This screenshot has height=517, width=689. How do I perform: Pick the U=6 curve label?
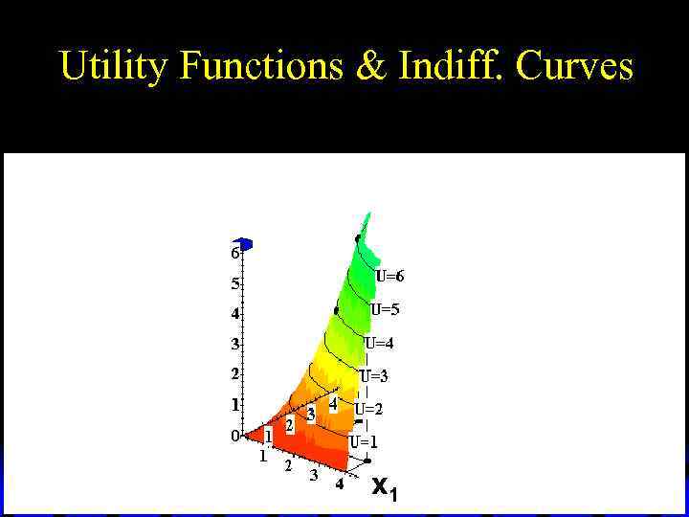[x=389, y=276]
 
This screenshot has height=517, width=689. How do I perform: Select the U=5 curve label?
[x=385, y=309]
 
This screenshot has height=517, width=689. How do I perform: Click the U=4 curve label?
[x=379, y=343]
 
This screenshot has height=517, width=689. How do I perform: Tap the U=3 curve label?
[x=374, y=375]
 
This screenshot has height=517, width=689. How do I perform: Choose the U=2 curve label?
[x=368, y=409]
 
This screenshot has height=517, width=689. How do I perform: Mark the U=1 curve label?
[x=364, y=442]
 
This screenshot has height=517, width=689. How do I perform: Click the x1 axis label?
[x=384, y=489]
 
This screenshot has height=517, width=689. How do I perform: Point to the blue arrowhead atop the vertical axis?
[x=245, y=244]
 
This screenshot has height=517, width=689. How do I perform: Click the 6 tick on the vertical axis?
[x=233, y=254]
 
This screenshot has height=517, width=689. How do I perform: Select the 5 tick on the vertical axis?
[x=233, y=283]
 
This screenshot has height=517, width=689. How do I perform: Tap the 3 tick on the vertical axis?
[x=233, y=343]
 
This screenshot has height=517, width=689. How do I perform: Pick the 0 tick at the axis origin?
[x=233, y=436]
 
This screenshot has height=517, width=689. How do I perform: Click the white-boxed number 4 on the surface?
[x=333, y=405]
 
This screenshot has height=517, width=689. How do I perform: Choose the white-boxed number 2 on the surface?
[x=289, y=424]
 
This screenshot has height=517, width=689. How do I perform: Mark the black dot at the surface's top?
[x=358, y=237]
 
